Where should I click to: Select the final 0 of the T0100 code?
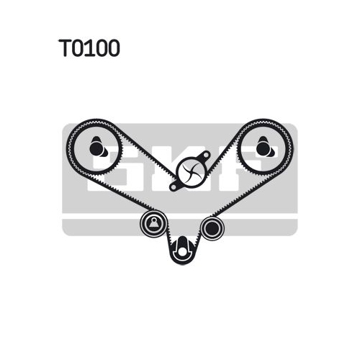(113, 48)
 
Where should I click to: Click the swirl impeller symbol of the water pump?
(191, 171)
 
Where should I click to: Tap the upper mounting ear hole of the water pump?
(205, 156)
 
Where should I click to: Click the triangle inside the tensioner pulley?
(153, 223)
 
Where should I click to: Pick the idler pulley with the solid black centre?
(212, 228)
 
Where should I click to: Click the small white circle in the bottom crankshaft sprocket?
(182, 252)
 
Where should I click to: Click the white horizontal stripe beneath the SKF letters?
(180, 216)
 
